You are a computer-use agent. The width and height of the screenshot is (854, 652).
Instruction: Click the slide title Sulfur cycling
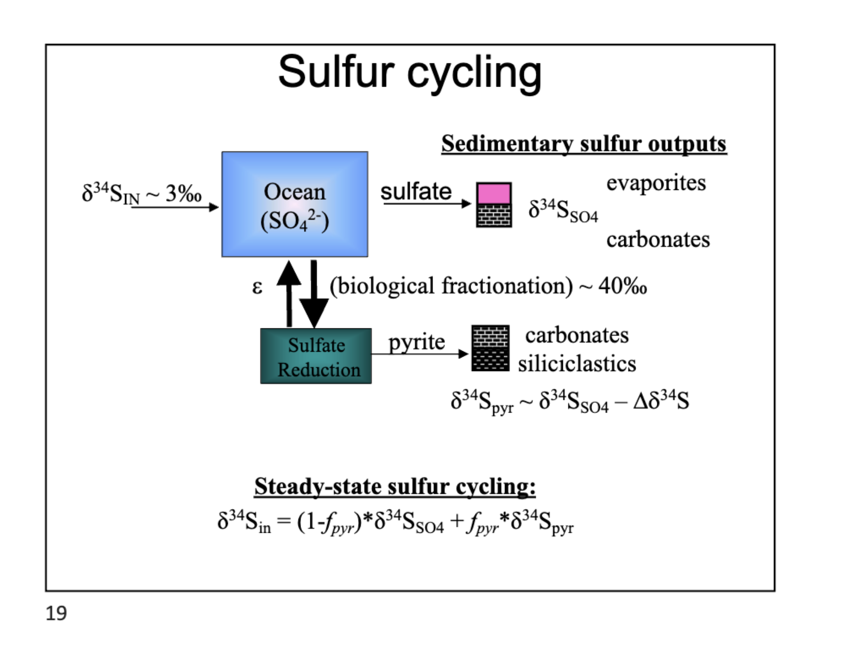(410, 72)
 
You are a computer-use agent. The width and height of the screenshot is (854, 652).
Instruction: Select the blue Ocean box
(295, 204)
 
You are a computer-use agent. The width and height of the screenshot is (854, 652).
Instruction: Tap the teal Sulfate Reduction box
(316, 356)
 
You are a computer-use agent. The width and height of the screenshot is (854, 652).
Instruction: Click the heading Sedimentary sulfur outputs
(584, 144)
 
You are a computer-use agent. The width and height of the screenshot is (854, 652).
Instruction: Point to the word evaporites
(656, 183)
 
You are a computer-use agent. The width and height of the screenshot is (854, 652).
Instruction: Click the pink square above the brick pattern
(494, 193)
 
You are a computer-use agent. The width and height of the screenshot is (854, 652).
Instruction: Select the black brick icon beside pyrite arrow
(490, 348)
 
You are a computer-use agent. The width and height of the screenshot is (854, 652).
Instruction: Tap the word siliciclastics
(577, 364)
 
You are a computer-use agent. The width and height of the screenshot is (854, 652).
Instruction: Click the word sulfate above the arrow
(416, 192)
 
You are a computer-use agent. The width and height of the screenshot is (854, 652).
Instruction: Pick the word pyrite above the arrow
(416, 342)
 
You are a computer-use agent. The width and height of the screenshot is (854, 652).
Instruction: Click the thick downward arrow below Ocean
(314, 294)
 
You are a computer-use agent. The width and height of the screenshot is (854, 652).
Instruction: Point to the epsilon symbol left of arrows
(257, 287)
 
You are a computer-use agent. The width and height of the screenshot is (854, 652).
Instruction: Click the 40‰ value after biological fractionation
(622, 286)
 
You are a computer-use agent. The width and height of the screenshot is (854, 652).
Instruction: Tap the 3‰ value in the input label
(183, 193)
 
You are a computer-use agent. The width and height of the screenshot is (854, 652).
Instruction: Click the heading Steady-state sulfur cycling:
(395, 486)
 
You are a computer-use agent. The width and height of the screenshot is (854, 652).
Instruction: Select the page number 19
(56, 613)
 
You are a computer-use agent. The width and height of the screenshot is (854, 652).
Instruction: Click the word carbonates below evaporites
(658, 240)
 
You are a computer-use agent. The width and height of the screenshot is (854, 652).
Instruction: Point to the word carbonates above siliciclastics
(577, 335)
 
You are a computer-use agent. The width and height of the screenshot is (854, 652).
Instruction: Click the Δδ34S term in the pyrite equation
(661, 401)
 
